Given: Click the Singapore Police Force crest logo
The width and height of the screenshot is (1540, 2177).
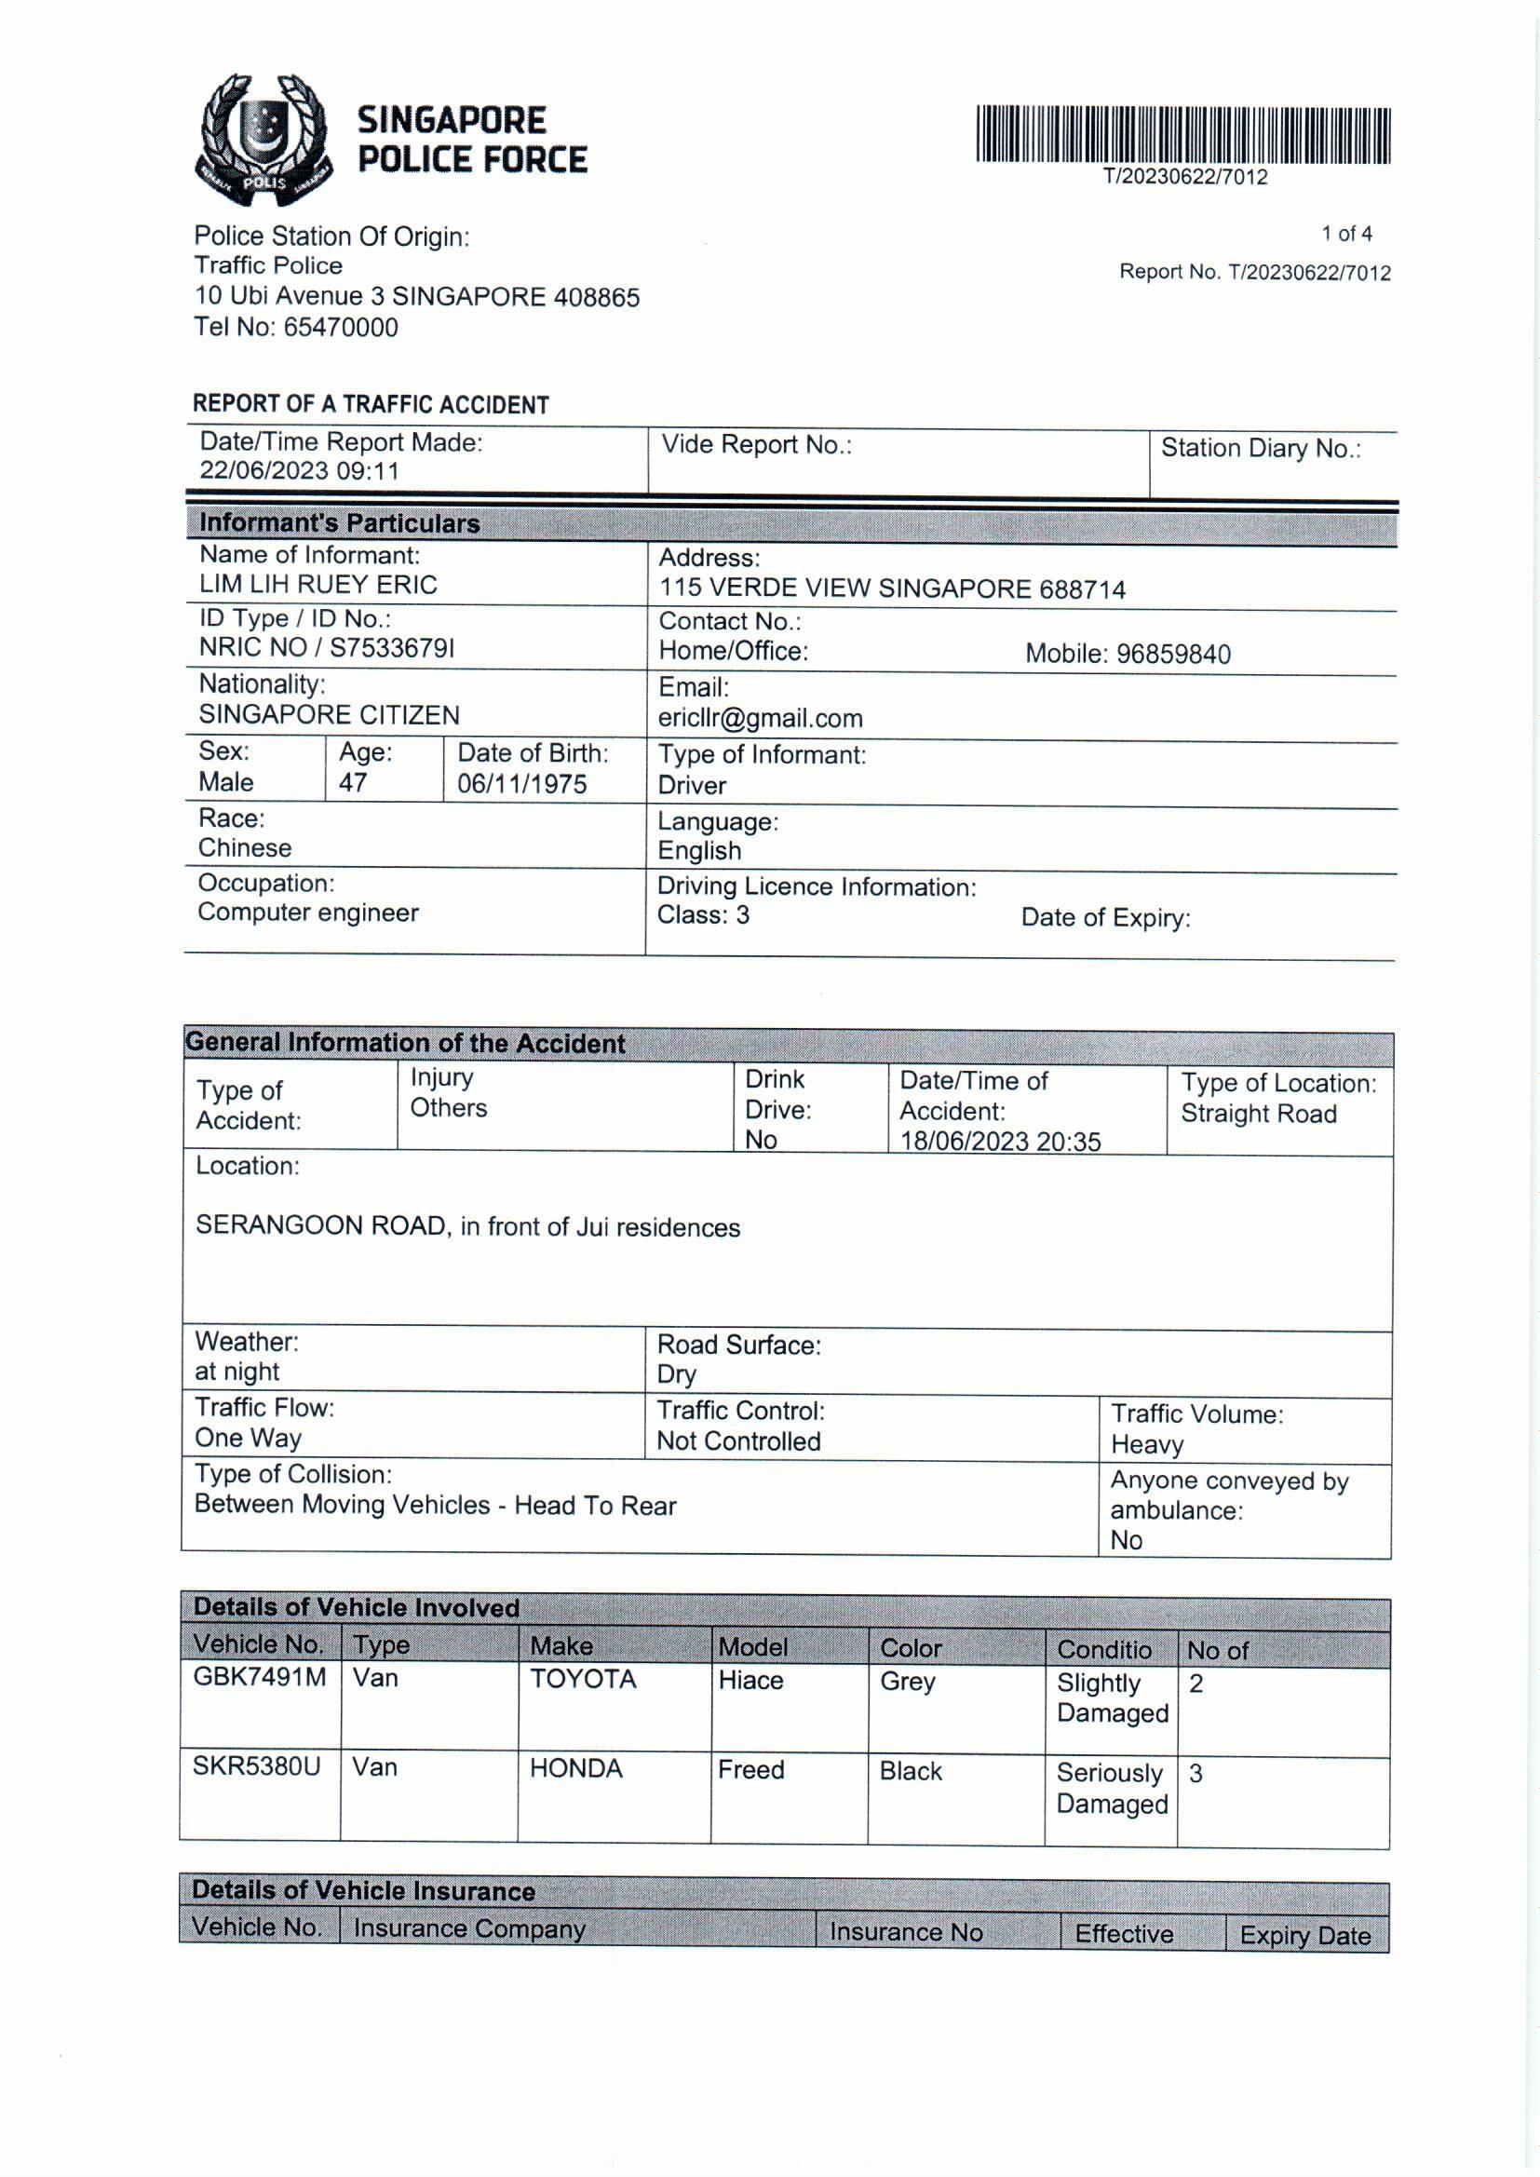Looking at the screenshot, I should [263, 141].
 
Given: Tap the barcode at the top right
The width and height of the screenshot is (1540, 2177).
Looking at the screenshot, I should [1183, 136].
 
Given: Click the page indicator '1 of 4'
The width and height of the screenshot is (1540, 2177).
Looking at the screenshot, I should [1346, 233].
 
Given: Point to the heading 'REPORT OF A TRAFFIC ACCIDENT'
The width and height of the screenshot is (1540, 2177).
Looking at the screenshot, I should [371, 405].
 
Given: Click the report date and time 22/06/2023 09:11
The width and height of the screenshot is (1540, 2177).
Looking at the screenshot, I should [299, 471].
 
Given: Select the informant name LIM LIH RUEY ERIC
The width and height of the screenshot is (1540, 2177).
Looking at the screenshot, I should [317, 585].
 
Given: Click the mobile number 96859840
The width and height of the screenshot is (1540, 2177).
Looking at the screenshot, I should [1173, 655].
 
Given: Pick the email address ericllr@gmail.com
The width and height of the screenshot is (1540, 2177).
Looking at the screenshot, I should [761, 719].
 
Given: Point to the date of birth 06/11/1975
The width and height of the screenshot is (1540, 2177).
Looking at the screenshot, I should [521, 784].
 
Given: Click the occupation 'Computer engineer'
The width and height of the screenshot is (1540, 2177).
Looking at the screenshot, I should [308, 913].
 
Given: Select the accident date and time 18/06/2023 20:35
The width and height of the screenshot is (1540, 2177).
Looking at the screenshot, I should [1000, 1142].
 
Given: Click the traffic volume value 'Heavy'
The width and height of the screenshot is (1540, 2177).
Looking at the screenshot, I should [1147, 1445].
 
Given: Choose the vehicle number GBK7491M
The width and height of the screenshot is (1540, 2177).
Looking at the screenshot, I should [259, 1677].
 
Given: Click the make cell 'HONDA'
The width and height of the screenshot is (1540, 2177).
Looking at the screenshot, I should [575, 1768].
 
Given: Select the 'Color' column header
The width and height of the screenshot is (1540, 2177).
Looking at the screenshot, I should [911, 1648].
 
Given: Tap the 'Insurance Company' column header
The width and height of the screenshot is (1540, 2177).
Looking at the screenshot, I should [469, 1928].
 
